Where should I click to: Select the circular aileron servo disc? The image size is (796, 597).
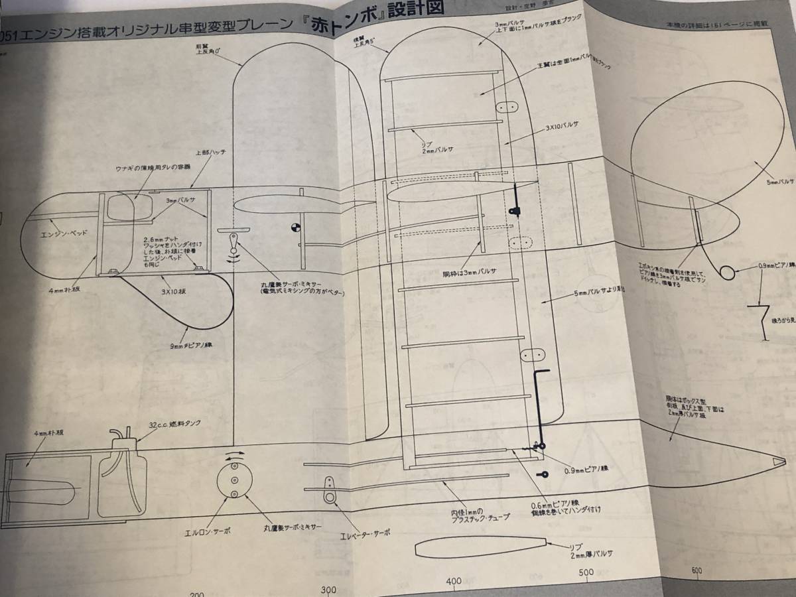tap(234, 480)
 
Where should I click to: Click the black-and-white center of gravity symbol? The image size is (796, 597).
tap(293, 227)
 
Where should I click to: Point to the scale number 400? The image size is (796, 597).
tap(454, 581)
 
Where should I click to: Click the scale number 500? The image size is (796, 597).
tap(586, 572)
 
